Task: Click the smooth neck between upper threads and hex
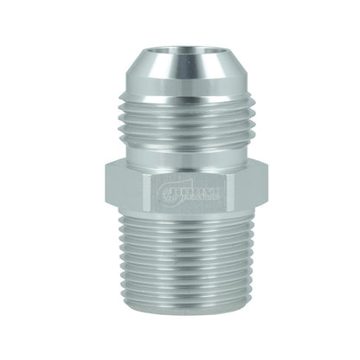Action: [181, 151]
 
